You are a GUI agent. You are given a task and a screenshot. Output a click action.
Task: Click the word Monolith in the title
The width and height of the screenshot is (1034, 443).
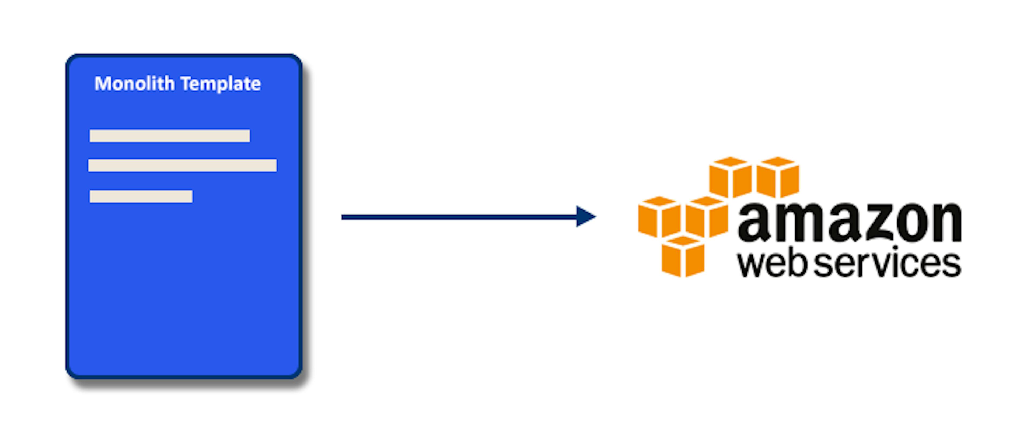pyautogui.click(x=134, y=84)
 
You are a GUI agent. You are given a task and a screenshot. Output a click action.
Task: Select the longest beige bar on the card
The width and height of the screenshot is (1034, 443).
pyautogui.click(x=182, y=165)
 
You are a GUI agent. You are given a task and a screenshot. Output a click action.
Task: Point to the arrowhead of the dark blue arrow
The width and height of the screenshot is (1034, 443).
pyautogui.click(x=585, y=217)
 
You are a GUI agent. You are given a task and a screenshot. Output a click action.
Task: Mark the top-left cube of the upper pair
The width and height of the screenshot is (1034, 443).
pyautogui.click(x=730, y=177)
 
